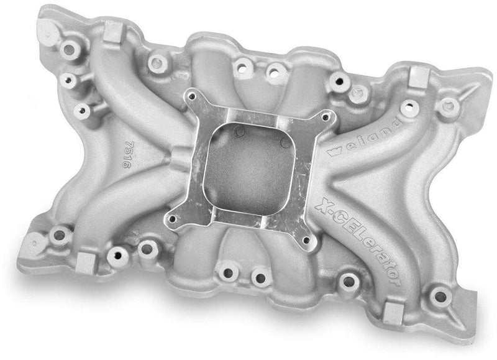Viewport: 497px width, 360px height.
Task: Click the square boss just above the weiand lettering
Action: point(417,76)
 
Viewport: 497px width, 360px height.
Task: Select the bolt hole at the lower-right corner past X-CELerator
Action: point(440,295)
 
